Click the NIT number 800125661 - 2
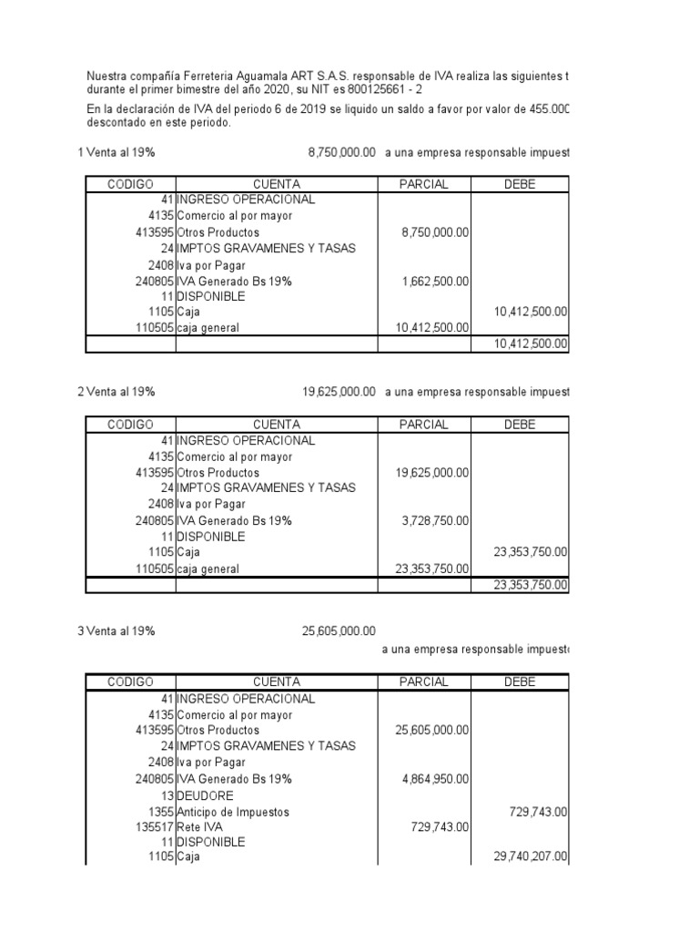(x=384, y=91)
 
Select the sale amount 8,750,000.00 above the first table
(x=342, y=152)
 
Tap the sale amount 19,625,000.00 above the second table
(x=339, y=392)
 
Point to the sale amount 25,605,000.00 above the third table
(x=339, y=631)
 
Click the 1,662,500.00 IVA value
(x=435, y=282)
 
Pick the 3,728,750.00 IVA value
(x=435, y=520)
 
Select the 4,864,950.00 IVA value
(x=435, y=779)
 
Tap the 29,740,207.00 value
(x=530, y=857)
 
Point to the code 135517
(x=154, y=826)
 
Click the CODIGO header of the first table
(x=130, y=184)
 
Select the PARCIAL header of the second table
(x=424, y=425)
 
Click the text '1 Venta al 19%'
(x=116, y=152)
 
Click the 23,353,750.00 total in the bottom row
(x=530, y=585)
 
